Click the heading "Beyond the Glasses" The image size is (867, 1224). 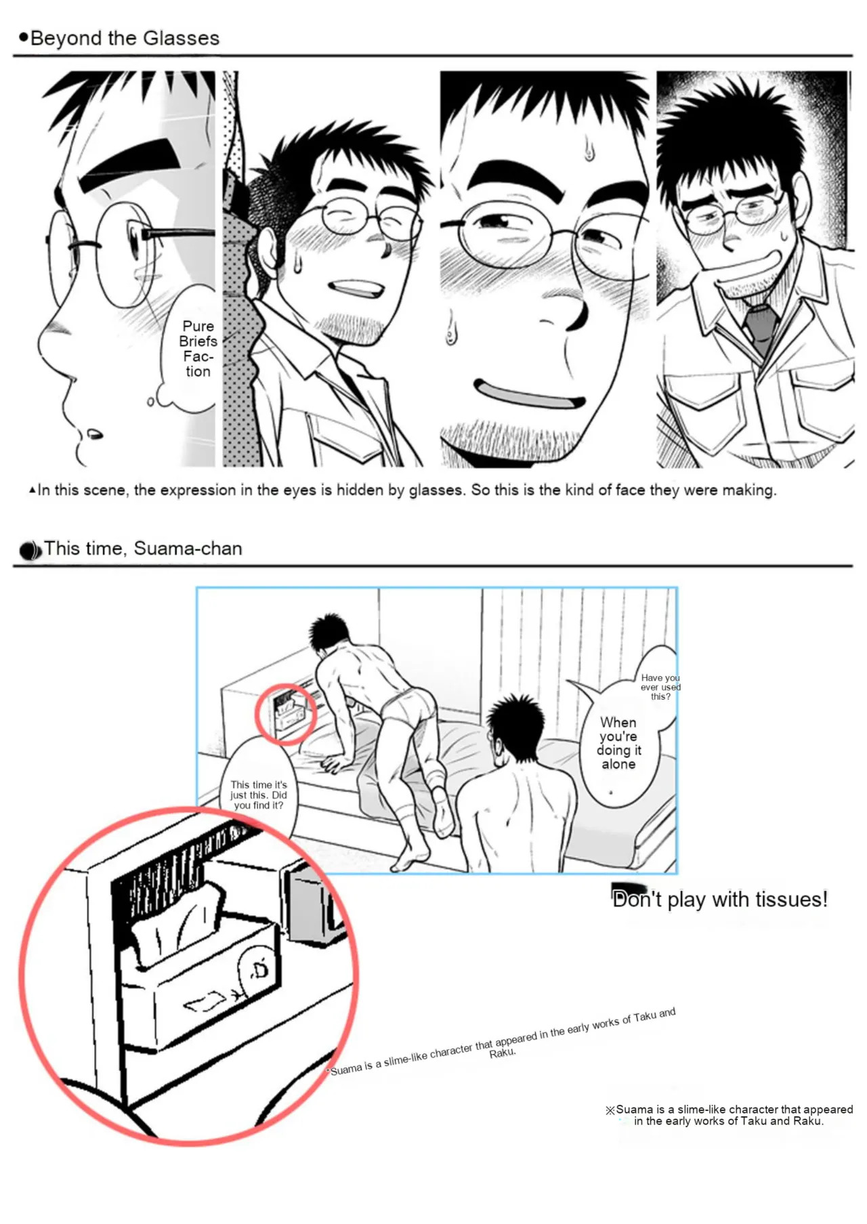click(x=125, y=38)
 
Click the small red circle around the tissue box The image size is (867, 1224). click(x=286, y=715)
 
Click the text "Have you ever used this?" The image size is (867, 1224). click(x=660, y=687)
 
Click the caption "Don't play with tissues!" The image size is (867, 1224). click(x=719, y=899)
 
